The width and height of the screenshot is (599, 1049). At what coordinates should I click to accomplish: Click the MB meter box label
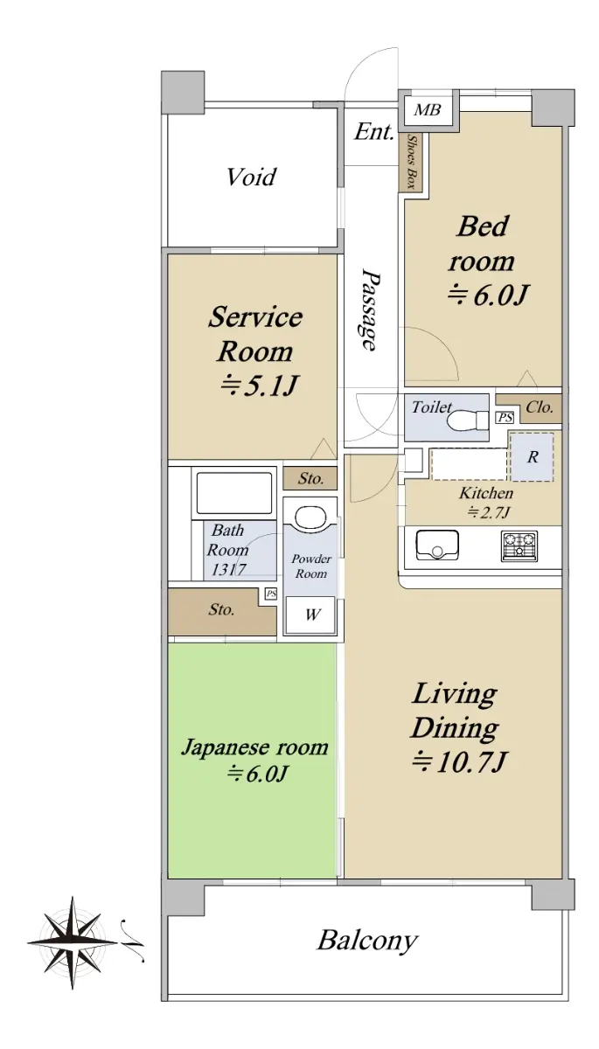tap(428, 110)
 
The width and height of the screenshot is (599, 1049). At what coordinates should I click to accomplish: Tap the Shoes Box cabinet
tap(411, 162)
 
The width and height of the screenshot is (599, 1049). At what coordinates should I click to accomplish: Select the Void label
tap(252, 177)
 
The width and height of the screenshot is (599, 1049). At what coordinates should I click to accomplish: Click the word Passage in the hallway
tap(371, 309)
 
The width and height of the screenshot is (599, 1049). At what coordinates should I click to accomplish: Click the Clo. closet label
tap(540, 407)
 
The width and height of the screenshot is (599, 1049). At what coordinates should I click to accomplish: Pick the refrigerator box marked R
tap(532, 456)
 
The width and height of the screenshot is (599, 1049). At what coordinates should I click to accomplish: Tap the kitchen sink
tap(437, 544)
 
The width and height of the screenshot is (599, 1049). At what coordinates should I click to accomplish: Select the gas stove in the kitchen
tap(519, 545)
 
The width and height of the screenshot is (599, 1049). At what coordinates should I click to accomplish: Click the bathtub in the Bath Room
tap(234, 493)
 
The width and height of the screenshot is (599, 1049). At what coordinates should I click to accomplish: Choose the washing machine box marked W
tap(311, 615)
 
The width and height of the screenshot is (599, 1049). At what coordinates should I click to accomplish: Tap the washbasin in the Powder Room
tap(310, 518)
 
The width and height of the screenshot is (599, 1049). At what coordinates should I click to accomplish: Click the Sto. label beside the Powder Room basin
tap(311, 479)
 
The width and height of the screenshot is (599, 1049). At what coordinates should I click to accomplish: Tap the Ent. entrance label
tap(373, 132)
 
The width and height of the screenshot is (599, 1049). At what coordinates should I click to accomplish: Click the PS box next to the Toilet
tap(505, 417)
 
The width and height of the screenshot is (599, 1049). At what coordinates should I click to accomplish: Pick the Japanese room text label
tap(254, 747)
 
